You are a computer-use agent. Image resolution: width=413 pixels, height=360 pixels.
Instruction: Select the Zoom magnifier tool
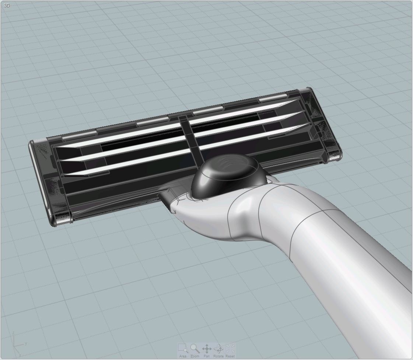(195, 348)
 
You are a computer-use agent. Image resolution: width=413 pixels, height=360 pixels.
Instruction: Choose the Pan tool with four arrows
(207, 348)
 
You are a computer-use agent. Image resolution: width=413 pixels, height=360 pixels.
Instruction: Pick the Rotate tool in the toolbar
(218, 348)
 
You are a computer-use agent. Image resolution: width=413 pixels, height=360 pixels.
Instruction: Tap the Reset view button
(230, 348)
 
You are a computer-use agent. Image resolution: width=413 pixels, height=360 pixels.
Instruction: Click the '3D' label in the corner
(6, 6)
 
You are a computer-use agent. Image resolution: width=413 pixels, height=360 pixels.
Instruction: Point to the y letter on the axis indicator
(26, 344)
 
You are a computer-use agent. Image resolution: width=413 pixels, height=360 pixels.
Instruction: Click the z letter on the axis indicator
(14, 333)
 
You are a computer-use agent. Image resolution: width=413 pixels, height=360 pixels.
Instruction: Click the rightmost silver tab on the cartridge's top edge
(273, 98)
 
